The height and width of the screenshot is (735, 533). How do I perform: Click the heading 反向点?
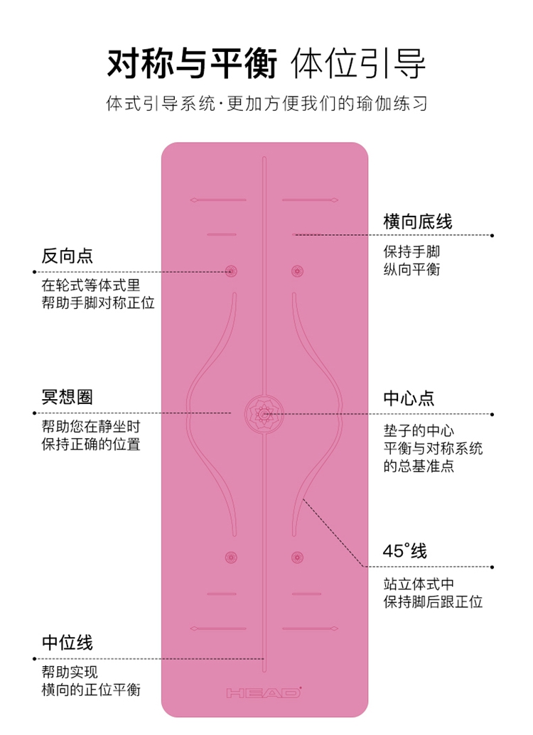click(x=68, y=256)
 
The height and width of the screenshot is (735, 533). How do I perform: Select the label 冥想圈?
click(x=68, y=397)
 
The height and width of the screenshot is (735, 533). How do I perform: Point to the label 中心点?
click(x=409, y=398)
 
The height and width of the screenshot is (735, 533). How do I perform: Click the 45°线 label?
click(x=405, y=551)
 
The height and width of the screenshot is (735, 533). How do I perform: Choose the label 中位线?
click(x=68, y=643)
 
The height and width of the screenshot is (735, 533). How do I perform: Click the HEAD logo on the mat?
click(x=263, y=692)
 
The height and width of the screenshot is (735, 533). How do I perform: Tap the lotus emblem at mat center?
click(x=264, y=413)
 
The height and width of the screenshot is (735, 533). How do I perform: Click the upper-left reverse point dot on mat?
click(x=230, y=271)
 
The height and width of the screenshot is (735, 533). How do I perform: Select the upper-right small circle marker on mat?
click(x=297, y=271)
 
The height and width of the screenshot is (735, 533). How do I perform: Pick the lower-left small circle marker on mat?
click(x=230, y=557)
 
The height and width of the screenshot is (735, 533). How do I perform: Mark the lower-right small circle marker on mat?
click(x=297, y=557)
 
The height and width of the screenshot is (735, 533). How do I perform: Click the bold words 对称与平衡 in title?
click(x=192, y=64)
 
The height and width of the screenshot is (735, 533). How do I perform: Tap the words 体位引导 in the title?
click(x=359, y=64)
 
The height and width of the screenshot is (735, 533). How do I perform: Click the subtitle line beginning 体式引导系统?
click(x=266, y=104)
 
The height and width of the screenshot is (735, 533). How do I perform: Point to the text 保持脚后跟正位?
click(x=434, y=602)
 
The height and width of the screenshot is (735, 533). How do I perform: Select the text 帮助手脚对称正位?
click(x=98, y=302)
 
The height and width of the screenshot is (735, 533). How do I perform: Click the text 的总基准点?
click(x=419, y=466)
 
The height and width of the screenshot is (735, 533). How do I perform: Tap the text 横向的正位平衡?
click(x=91, y=690)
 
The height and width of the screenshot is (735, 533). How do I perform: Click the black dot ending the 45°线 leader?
click(x=492, y=567)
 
